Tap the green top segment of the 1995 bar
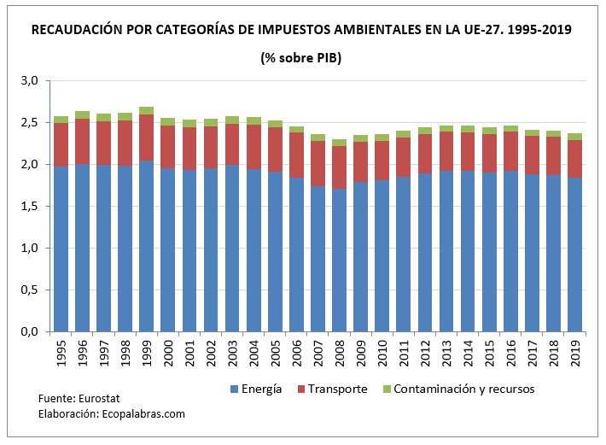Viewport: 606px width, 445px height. click(x=61, y=120)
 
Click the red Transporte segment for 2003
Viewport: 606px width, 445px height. click(x=231, y=144)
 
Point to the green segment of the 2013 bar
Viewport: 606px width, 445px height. click(x=445, y=129)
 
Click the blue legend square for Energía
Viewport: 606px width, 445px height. click(x=234, y=389)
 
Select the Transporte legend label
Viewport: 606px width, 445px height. click(x=338, y=389)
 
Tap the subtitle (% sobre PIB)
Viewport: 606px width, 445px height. click(x=302, y=57)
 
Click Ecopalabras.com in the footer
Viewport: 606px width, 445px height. click(x=143, y=414)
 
